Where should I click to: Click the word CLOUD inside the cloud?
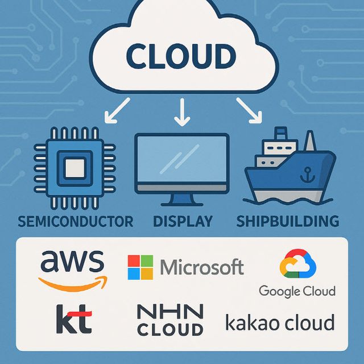pos(180,56)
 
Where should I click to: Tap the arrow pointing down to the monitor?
pos(182,112)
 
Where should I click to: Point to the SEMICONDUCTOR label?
pos(75,221)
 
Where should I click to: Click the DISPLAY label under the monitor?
pos(183,221)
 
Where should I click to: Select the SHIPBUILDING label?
pos(288,221)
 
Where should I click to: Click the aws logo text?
pos(72,262)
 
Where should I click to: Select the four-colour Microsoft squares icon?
pos(140,267)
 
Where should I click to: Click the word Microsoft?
pos(202,267)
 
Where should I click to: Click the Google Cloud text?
pos(297,291)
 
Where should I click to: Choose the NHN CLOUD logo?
pos(170,320)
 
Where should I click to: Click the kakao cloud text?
pos(280,323)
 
